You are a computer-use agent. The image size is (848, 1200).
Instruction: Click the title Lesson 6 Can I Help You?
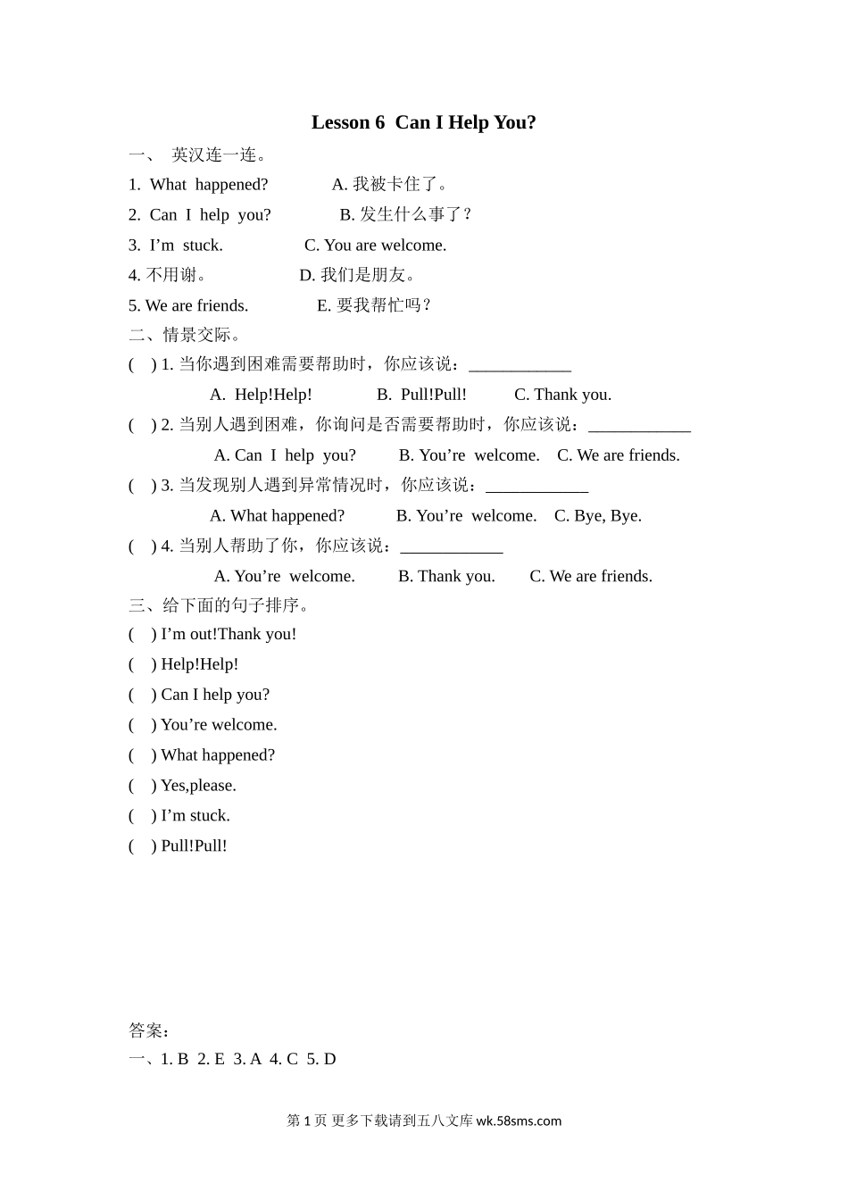(x=423, y=122)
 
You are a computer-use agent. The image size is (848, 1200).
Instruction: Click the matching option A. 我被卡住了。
(x=389, y=185)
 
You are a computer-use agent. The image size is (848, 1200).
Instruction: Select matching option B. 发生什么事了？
(x=405, y=215)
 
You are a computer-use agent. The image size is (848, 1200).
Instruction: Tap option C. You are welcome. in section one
(x=375, y=246)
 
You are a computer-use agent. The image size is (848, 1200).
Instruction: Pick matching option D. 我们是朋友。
(x=357, y=275)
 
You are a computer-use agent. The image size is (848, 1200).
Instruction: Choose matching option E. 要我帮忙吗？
(x=375, y=305)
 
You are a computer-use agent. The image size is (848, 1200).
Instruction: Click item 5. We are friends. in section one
(x=188, y=305)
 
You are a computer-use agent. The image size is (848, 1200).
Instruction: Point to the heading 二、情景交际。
(x=185, y=335)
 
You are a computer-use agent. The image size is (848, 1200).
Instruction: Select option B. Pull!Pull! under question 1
(x=421, y=395)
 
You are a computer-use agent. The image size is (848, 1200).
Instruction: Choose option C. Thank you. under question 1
(x=562, y=395)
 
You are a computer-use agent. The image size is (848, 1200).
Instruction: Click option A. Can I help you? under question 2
(x=285, y=455)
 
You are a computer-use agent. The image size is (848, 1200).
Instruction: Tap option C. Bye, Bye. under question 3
(x=597, y=516)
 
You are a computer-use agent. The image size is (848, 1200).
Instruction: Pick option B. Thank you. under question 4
(x=446, y=577)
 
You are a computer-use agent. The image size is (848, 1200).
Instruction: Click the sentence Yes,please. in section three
(x=198, y=786)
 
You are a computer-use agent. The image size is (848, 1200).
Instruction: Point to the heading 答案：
(x=149, y=1031)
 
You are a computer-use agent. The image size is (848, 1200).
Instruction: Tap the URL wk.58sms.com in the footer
(x=519, y=1121)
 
